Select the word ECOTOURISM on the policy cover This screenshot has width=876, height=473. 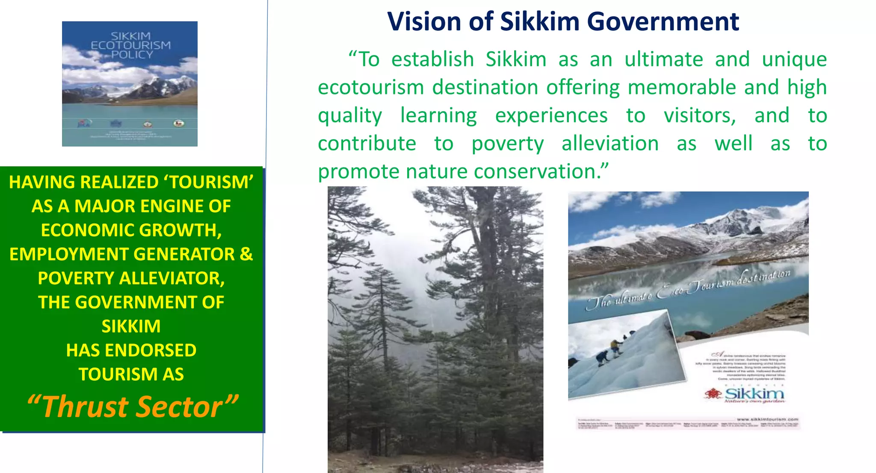tap(130, 45)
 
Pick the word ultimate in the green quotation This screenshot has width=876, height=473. tap(663, 59)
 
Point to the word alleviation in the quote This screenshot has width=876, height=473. tap(610, 144)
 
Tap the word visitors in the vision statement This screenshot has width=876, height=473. tap(700, 116)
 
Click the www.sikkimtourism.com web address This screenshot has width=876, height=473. tap(767, 420)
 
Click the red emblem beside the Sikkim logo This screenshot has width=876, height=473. tap(713, 394)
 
